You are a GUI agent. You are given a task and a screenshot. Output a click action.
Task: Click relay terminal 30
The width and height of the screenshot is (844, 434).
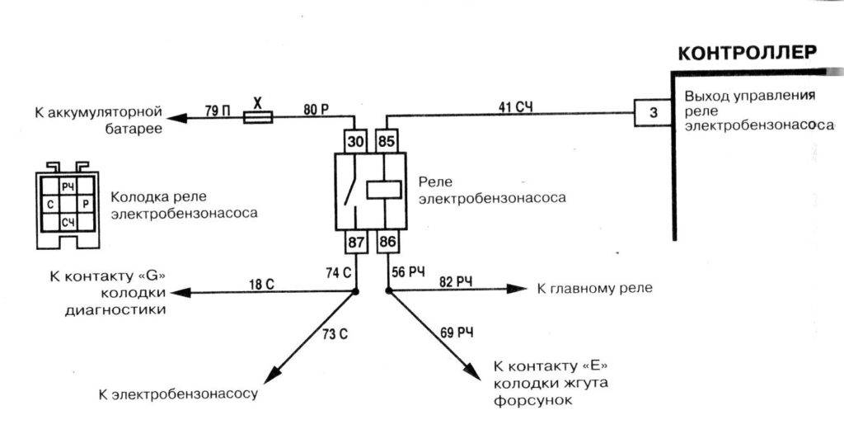tap(355, 141)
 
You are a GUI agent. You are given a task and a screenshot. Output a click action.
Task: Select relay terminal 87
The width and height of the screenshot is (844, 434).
tap(355, 243)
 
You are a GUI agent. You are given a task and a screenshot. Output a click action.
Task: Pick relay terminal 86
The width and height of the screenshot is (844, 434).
tap(388, 243)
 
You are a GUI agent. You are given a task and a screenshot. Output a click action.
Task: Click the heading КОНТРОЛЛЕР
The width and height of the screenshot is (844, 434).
tap(747, 54)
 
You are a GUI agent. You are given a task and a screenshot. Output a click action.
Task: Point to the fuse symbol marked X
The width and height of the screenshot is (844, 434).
tap(257, 118)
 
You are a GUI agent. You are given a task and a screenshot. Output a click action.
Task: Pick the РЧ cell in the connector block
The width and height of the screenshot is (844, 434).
tap(68, 186)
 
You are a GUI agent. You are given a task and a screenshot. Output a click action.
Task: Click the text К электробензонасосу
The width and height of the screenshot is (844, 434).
tap(178, 393)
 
